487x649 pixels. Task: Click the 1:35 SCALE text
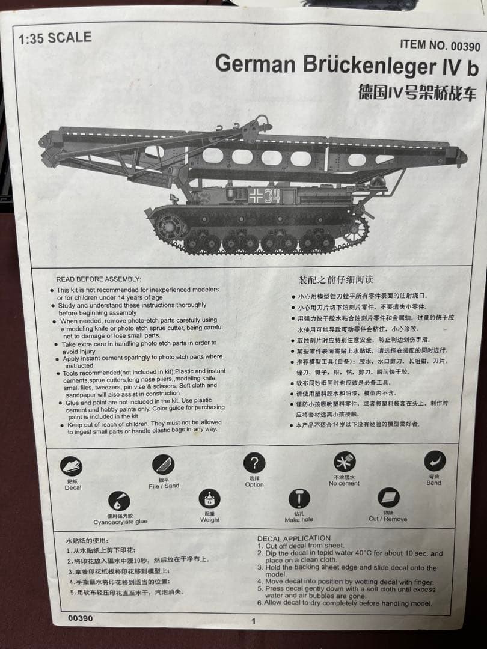55,38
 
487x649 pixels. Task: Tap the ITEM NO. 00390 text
440,46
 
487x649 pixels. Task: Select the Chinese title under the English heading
417,92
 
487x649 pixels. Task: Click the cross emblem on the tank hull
255,195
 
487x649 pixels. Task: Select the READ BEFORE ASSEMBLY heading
99,279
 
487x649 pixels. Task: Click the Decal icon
72,466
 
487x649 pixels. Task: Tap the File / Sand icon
163,465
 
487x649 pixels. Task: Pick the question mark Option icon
254,463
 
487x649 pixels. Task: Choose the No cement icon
345,462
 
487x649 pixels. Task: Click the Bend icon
434,461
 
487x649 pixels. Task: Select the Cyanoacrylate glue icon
119,501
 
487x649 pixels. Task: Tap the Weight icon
209,499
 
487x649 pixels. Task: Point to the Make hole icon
299,498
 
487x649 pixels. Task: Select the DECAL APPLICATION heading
294,538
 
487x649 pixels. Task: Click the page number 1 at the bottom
253,621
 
